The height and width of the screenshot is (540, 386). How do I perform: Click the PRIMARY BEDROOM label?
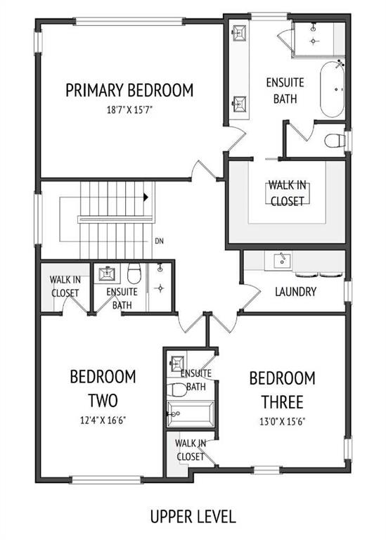pos(129,90)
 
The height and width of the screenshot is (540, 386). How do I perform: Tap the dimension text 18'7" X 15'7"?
pos(129,110)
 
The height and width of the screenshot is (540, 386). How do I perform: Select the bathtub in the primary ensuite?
pos(333,89)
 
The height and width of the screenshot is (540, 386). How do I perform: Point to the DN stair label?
pos(159,241)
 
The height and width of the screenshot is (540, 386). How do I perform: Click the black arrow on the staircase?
pos(146,198)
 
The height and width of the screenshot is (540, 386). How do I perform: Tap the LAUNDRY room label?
pos(295,292)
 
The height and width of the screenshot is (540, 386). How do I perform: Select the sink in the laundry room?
pos(282,260)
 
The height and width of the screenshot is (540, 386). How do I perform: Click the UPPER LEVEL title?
pos(193,517)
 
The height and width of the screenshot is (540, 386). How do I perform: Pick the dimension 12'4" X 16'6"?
pos(103,420)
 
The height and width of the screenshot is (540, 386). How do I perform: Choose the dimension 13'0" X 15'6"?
pos(283,422)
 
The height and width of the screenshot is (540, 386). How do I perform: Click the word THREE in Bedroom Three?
pos(283,402)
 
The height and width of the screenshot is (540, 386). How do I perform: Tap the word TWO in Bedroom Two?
pos(103,401)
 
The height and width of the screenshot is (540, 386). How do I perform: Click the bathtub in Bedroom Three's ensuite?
pos(190,413)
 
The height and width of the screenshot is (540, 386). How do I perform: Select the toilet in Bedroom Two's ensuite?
pos(134,273)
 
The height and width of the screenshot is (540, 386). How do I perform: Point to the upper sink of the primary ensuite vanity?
pos(240,33)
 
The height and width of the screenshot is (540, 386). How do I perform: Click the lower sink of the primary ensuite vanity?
pos(240,104)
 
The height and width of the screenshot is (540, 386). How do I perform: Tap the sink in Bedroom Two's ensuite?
pos(106,274)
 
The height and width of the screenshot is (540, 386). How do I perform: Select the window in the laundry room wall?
pos(349,292)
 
